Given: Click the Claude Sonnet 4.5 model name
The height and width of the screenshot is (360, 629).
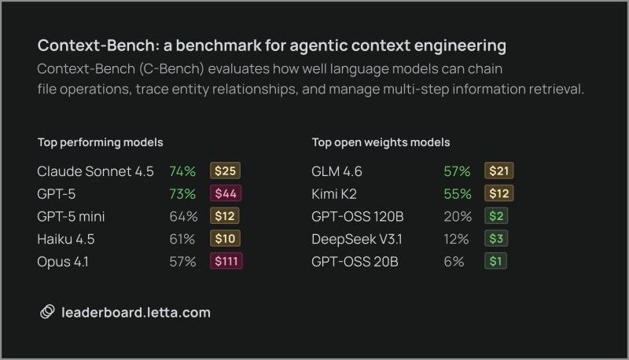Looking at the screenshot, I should [95, 171].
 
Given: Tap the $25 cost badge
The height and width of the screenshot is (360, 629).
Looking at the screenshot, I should [225, 171].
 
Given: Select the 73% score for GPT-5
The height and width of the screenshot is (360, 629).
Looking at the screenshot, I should [182, 193].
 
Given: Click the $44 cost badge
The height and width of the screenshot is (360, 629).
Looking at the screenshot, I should [225, 193].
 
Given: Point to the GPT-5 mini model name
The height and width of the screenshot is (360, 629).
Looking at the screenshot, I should [71, 216].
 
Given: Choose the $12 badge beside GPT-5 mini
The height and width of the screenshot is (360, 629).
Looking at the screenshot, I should [225, 216].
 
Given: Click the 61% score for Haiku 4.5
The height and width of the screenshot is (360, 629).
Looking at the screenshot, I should [182, 239].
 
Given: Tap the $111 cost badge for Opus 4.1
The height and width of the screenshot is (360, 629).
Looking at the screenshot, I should [226, 262].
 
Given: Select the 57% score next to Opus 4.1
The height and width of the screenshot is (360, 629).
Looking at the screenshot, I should [182, 262].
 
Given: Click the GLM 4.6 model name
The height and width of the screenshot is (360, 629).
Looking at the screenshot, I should [337, 171].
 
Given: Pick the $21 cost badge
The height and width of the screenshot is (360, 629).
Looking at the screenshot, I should [498, 171].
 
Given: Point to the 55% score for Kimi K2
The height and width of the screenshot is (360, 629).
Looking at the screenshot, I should [457, 193].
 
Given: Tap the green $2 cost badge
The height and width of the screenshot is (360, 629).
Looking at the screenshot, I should [495, 216].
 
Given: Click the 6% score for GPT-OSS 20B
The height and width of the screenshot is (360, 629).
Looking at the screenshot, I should [454, 262].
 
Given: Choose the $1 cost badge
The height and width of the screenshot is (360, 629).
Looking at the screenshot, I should [495, 262].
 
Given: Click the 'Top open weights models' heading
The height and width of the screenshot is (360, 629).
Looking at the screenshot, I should [381, 142].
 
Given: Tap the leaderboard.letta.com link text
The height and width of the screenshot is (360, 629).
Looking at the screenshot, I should [136, 312].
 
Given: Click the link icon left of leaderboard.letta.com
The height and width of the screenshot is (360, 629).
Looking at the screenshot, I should [47, 312].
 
